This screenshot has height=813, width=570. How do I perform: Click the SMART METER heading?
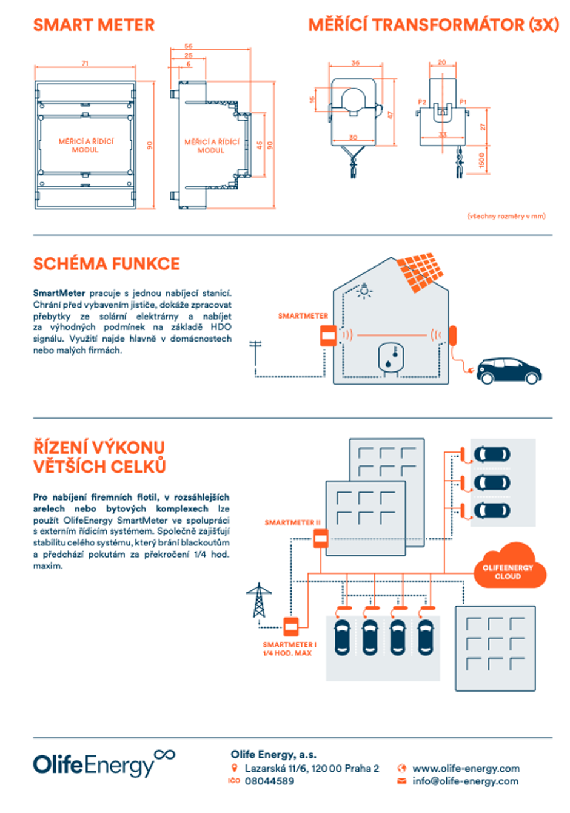pos(94,25)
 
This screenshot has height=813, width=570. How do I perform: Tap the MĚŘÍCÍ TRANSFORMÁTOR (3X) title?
pos(434,25)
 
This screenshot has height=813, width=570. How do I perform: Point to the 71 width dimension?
pos(85,63)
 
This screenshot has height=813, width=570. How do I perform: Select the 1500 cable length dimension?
pos(481,160)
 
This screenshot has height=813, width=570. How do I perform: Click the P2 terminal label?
pos(422,101)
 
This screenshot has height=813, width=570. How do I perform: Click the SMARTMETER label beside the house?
pos(303,316)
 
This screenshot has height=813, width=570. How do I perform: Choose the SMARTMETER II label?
pos(290,522)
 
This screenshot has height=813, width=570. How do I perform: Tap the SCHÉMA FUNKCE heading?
pos(107,264)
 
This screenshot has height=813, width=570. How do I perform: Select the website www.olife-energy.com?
pos(466,768)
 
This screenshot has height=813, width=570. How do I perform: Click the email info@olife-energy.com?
pos(465,781)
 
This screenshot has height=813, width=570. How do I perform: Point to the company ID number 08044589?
pos(269,781)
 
